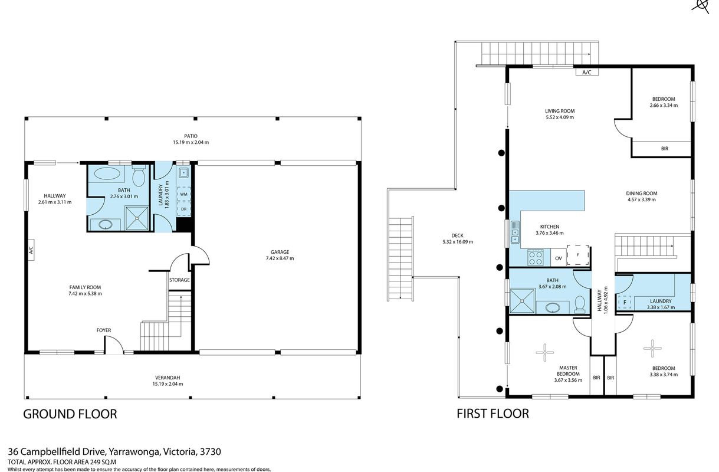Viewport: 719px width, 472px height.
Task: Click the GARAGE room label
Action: [x=280, y=252]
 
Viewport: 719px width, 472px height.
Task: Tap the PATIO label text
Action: [x=191, y=136]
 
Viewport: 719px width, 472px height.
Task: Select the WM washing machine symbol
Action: [x=183, y=194]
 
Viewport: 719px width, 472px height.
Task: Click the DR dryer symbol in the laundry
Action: [x=183, y=209]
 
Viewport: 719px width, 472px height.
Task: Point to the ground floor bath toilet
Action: [x=139, y=176]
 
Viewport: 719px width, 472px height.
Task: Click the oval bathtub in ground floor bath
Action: [x=107, y=174]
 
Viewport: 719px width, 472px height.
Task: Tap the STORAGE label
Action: [x=179, y=280]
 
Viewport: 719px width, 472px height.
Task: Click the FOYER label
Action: [x=104, y=330]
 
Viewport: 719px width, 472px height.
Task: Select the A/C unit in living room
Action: [x=587, y=72]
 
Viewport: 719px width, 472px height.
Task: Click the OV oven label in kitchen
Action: [x=559, y=258]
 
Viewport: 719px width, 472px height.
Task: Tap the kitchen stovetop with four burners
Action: [x=536, y=258]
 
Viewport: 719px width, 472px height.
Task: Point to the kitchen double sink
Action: [x=515, y=232]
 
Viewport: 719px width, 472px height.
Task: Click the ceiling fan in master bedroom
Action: [x=545, y=353]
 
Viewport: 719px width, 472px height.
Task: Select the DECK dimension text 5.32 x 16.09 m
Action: [x=458, y=242]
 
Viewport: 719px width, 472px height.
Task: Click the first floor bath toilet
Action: [x=580, y=304]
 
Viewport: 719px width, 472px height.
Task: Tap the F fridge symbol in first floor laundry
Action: [x=625, y=303]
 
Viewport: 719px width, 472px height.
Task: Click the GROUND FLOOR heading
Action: [x=70, y=414]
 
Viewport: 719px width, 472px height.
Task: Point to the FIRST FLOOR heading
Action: [x=493, y=414]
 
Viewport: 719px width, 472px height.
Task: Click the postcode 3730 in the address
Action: [x=210, y=452]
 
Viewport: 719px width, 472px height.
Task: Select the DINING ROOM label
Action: [x=642, y=194]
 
